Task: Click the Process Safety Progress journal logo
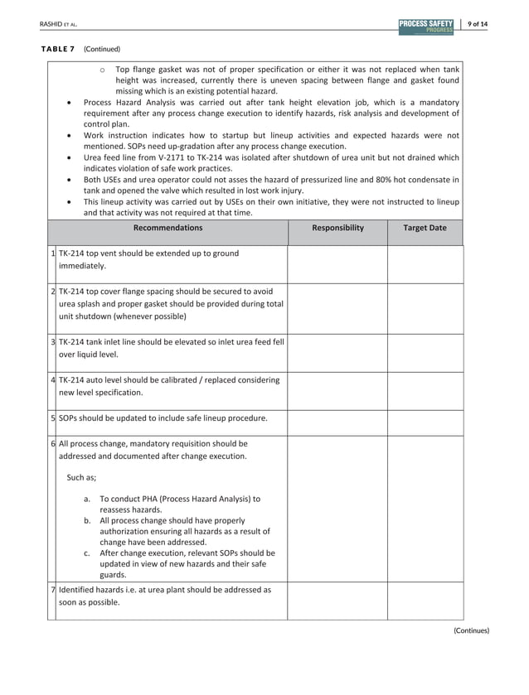425,26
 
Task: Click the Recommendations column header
167,227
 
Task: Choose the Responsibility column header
337,227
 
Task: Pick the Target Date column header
425,227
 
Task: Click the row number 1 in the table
52,253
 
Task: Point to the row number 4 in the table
52,379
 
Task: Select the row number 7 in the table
52,589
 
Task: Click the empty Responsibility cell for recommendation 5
337,419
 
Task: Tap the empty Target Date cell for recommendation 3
425,347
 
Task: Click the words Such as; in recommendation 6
81,477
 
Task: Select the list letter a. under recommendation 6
88,500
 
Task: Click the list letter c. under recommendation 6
88,553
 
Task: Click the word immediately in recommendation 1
81,267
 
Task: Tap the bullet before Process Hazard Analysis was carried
66,103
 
